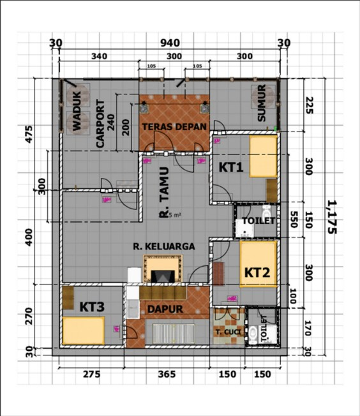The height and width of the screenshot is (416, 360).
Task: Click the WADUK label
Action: (x=77, y=117)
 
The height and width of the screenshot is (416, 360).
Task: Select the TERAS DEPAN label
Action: (x=174, y=126)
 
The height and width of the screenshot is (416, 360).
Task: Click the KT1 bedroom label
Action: (x=231, y=168)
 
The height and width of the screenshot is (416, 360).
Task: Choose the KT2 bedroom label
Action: (x=257, y=272)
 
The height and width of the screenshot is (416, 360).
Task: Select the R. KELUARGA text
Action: (x=164, y=245)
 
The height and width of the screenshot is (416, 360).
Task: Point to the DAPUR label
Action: (x=166, y=309)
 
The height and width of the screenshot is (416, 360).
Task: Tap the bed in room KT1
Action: (x=263, y=158)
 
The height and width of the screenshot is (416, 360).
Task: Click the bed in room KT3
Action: (x=83, y=331)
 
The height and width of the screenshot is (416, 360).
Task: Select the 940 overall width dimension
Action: (x=169, y=43)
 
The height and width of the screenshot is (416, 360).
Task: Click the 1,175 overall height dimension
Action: (x=331, y=217)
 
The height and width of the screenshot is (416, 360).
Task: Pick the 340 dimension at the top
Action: (x=99, y=56)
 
